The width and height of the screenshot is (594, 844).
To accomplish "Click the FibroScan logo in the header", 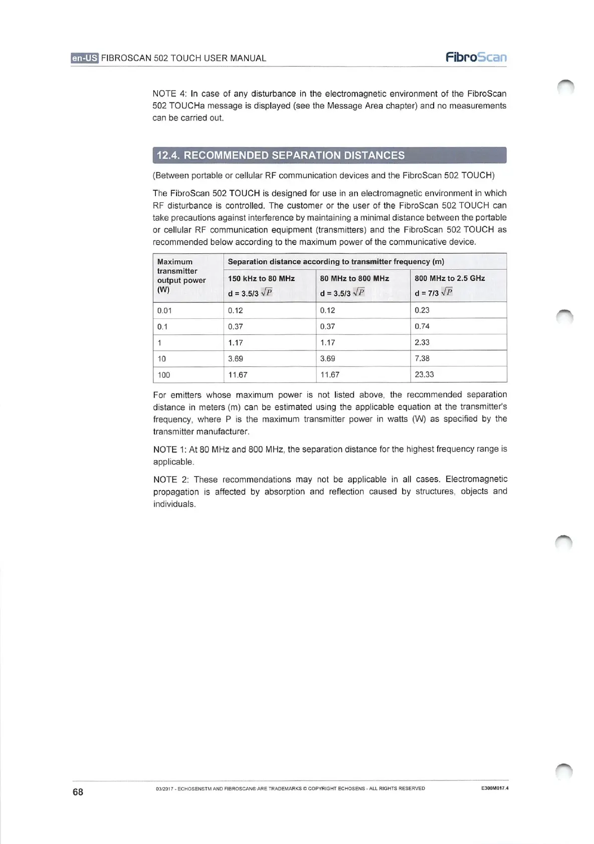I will [476, 57].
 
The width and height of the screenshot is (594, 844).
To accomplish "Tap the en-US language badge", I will [85, 58].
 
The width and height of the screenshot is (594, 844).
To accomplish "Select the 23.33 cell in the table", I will [424, 374].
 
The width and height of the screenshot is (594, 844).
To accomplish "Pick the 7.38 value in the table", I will [422, 358].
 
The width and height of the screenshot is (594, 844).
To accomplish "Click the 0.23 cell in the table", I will [422, 310].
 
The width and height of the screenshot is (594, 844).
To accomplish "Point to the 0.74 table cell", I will [422, 326].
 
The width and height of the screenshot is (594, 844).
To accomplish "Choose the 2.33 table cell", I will [422, 342].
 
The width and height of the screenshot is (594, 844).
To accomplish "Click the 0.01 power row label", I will [164, 310].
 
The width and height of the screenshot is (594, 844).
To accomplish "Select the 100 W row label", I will [163, 375].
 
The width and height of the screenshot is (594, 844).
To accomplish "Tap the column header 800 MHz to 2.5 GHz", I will [450, 278].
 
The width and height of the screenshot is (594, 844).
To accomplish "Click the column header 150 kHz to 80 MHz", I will [261, 278].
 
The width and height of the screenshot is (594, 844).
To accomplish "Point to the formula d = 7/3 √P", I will [433, 293].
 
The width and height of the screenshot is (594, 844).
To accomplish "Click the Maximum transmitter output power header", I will [181, 275].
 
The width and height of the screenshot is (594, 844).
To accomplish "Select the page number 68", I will [78, 791].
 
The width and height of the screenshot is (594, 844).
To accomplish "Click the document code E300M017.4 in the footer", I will [494, 788].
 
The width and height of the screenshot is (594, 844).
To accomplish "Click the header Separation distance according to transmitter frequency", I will [336, 261].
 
